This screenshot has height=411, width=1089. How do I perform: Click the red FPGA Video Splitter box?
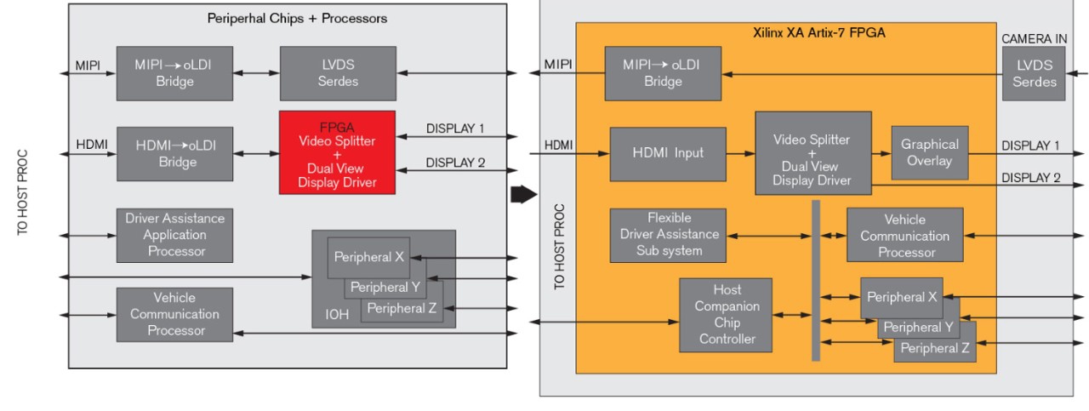[337, 151]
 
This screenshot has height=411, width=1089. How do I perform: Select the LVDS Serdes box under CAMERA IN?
[1035, 73]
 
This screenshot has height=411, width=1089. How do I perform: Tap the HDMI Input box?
[667, 154]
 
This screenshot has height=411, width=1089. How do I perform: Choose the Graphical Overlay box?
[929, 153]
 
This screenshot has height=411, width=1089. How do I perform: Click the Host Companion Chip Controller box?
[727, 315]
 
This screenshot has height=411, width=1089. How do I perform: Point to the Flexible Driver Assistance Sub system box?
[668, 235]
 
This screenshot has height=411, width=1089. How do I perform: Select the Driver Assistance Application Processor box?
[174, 235]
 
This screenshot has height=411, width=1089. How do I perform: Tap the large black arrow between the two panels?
[522, 196]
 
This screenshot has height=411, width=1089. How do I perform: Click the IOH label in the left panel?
[337, 315]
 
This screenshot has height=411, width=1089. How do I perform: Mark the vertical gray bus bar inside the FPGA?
[815, 281]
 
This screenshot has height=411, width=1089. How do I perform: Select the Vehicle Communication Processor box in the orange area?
[904, 236]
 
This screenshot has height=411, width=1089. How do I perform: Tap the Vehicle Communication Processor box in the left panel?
[174, 314]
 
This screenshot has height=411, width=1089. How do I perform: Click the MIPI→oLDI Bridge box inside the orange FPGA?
[663, 73]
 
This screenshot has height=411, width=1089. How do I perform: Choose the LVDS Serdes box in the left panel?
[337, 73]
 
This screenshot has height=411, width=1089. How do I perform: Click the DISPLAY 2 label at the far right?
[1030, 178]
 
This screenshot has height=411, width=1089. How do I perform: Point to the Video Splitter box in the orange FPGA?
[812, 153]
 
